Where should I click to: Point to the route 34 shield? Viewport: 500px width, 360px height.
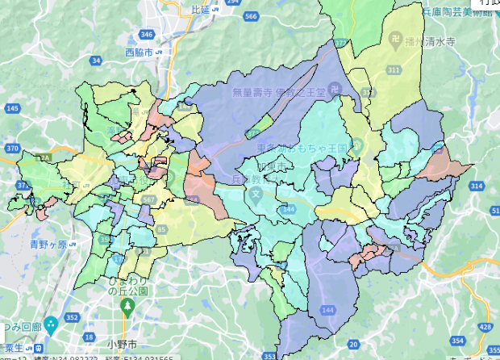(x=97, y=60)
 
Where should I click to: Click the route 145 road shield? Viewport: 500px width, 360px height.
(x=13, y=107)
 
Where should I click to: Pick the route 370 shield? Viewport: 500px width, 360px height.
(x=11, y=149)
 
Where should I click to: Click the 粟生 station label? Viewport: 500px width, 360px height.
(x=10, y=346)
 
